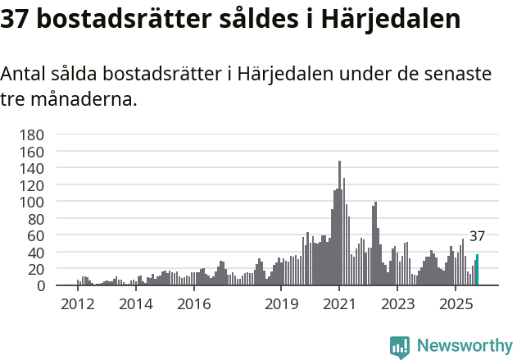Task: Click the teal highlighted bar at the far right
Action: [x=477, y=271]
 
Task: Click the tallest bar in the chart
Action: [x=339, y=224]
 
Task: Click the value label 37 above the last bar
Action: [x=477, y=236]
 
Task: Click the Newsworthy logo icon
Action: [x=400, y=347]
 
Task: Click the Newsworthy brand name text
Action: [x=464, y=346]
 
